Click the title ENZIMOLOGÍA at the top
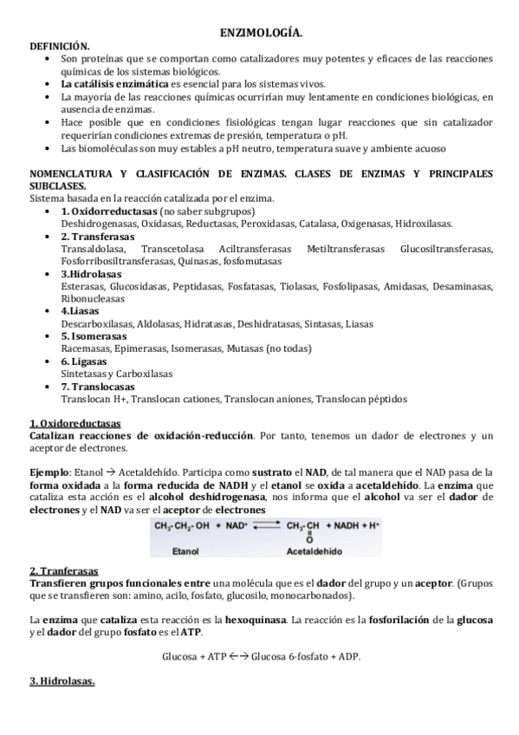(261, 33)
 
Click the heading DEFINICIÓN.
(60, 45)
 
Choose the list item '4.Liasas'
(81, 310)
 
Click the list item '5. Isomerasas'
(94, 335)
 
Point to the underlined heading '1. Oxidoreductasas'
(75, 423)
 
